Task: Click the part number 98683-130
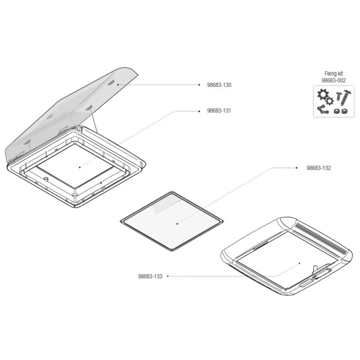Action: point(219,85)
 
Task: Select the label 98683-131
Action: point(219,111)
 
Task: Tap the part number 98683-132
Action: point(319,168)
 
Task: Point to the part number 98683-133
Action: point(150,276)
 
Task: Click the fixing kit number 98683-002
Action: point(334,80)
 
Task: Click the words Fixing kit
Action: point(333,74)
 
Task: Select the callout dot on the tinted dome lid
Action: point(118,85)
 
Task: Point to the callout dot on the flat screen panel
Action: point(177,223)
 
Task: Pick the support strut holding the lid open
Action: point(94,119)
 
